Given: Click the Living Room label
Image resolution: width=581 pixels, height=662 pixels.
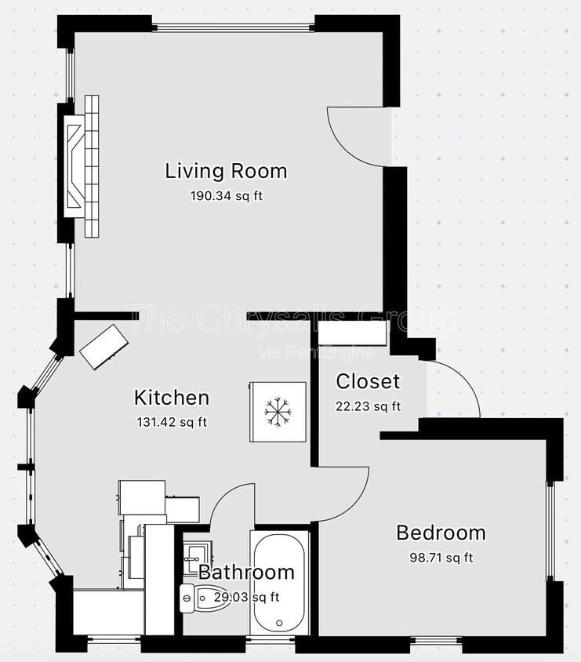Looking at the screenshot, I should click(226, 171).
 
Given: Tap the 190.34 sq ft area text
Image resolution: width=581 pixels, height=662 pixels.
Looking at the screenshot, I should click(226, 195).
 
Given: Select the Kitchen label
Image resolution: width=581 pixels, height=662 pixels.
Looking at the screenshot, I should click(172, 398).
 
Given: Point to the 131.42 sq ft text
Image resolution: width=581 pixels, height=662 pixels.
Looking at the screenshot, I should click(172, 422).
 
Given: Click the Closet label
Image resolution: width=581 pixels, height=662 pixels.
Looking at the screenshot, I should click(368, 382).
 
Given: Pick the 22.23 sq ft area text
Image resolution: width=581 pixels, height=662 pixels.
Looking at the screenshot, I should click(368, 406).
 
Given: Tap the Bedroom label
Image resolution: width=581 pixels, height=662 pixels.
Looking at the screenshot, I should click(441, 533).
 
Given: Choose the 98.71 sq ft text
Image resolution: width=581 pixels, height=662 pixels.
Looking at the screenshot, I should click(441, 558).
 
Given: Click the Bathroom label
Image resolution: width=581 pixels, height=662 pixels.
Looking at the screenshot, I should click(246, 573).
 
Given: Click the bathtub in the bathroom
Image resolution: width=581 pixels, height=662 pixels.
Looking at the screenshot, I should click(280, 582).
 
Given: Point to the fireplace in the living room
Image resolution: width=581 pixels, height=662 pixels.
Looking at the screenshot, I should click(83, 166).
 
